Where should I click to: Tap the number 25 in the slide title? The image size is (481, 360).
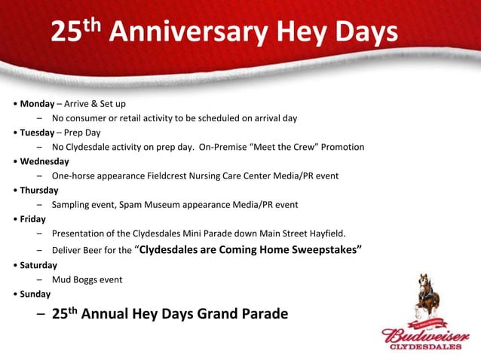point(67,33)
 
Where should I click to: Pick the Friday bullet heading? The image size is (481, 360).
point(32,219)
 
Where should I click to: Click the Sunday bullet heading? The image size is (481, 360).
point(35,294)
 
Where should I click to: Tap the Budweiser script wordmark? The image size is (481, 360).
point(426,335)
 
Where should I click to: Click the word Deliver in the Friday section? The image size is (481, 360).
point(66,250)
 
